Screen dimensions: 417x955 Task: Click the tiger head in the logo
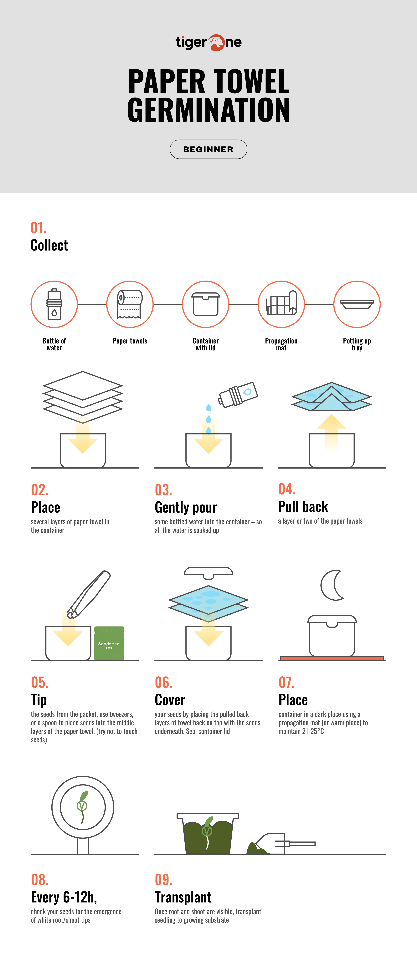click(216, 43)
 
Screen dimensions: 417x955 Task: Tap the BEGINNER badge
click(209, 149)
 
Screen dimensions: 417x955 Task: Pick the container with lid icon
click(206, 304)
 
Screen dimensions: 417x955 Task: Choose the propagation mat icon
click(281, 303)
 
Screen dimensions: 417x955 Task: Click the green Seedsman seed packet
click(109, 643)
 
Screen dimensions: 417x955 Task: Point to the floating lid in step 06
click(209, 572)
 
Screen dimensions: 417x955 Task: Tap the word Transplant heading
click(183, 897)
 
